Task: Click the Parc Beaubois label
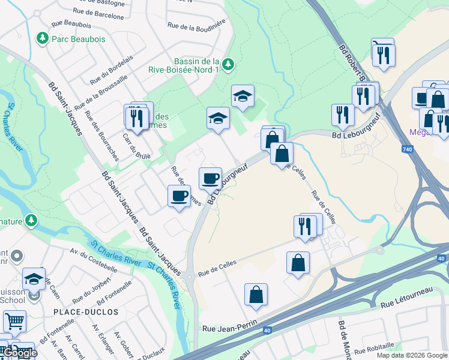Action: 79,39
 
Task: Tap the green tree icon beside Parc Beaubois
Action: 43,39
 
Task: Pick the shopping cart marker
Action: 14,321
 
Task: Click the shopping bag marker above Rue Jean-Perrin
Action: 256,295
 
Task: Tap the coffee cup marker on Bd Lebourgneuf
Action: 211,178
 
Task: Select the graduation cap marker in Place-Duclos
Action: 34,278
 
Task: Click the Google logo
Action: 19,353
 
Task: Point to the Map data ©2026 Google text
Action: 411,355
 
